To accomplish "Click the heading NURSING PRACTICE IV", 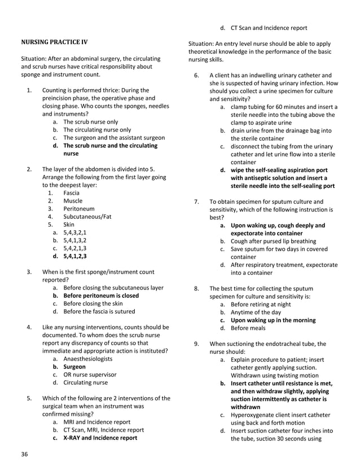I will coord(54,42).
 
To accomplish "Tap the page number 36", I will coord(24,454).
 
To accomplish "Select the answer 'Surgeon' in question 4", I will coord(74,367).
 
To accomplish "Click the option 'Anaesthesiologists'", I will coord(87,359).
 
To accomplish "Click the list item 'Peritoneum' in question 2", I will coord(80,209).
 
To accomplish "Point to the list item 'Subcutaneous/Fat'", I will coord(87,217).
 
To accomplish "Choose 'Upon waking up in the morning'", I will coord(273,320).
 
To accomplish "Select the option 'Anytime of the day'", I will coord(256,312).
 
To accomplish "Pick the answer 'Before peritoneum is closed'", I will coord(101,296).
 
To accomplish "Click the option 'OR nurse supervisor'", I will coord(90,375).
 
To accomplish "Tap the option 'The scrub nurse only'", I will coord(91,122).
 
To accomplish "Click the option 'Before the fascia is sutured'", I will coord(99,311).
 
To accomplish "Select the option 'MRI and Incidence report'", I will coord(96,422).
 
